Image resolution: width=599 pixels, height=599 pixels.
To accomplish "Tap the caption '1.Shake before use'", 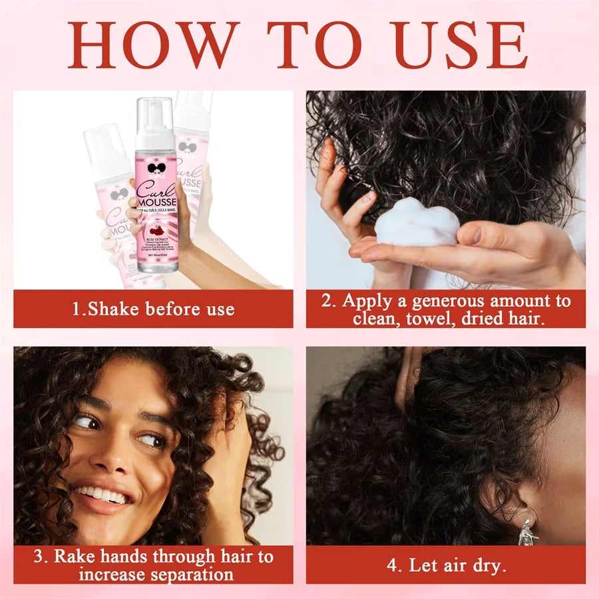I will point(153,309).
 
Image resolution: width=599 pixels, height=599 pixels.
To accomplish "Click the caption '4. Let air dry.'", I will point(446,566).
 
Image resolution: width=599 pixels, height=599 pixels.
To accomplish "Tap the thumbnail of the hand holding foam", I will point(446,190).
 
